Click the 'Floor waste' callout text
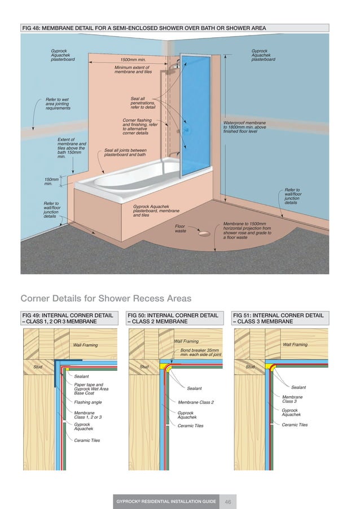[181, 229]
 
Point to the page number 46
[228, 501]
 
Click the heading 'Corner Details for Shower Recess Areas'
[106, 299]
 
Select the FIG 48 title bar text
[143, 28]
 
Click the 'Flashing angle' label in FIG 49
[88, 402]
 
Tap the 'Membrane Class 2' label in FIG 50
[196, 402]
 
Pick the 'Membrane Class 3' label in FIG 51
[292, 399]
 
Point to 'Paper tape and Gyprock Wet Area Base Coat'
[91, 389]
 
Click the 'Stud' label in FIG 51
[250, 367]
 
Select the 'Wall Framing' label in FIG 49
[85, 345]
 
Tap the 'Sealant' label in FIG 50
[194, 388]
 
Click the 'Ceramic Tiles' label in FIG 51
[295, 425]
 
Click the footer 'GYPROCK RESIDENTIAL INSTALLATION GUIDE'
[166, 501]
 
